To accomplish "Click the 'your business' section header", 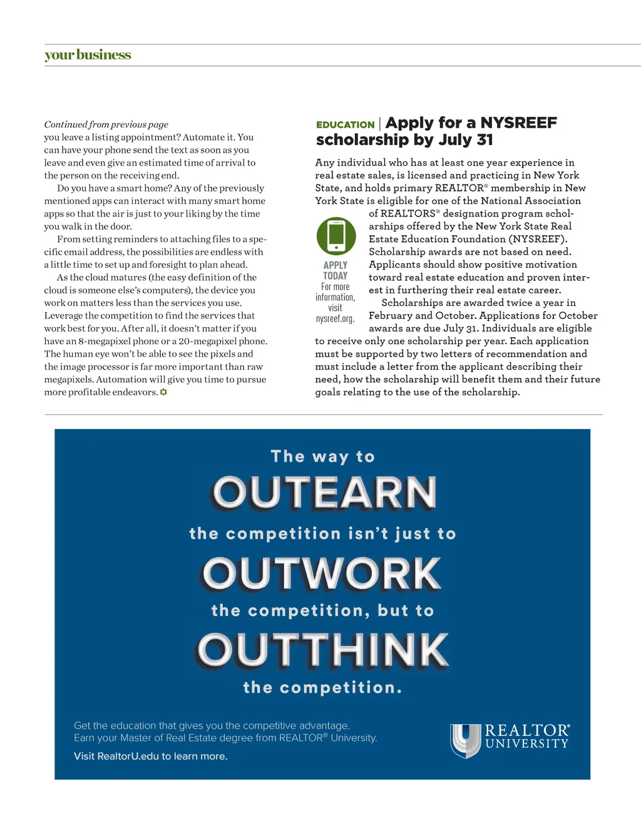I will tap(88, 55).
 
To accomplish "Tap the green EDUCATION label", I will tap(345, 124).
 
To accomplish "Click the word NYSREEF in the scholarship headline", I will tap(518, 123).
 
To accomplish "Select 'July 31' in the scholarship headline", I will tap(464, 140).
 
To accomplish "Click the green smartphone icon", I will tap(336, 236).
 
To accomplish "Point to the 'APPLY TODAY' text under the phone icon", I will tap(336, 270).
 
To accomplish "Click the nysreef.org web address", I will tap(336, 318).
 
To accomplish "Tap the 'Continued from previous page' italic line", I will tap(106, 124).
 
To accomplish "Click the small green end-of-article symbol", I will tap(163, 392).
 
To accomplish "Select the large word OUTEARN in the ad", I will tap(324, 493).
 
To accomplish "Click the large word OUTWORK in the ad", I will tap(322, 574).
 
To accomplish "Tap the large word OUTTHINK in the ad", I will tap(323, 650).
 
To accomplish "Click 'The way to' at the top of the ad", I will tap(322, 457).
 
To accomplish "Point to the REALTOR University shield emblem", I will tap(465, 740).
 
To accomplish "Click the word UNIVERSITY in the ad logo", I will tap(527, 744).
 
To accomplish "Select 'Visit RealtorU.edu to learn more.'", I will tap(150, 756).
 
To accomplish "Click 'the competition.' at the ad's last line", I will tap(322, 687).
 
